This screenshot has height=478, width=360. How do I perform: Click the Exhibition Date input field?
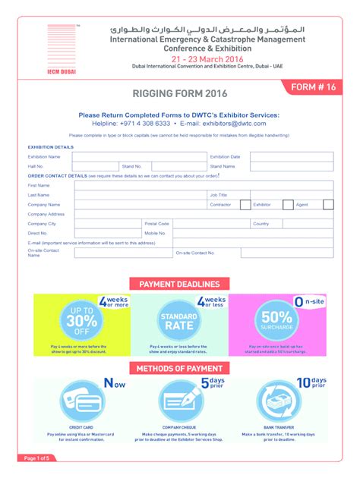(291, 157)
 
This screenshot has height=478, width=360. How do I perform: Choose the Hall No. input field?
(95, 166)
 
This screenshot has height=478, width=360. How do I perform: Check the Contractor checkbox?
(245, 204)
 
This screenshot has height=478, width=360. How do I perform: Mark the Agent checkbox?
(327, 204)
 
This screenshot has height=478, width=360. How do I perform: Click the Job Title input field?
(291, 195)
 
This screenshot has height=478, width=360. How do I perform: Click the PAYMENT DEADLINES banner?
(179, 284)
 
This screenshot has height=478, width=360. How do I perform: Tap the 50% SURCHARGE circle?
(276, 319)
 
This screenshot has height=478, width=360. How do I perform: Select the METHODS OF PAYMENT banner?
(179, 369)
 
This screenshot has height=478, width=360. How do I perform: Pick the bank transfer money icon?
(280, 401)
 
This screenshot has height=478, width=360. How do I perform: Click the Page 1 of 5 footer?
(36, 459)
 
